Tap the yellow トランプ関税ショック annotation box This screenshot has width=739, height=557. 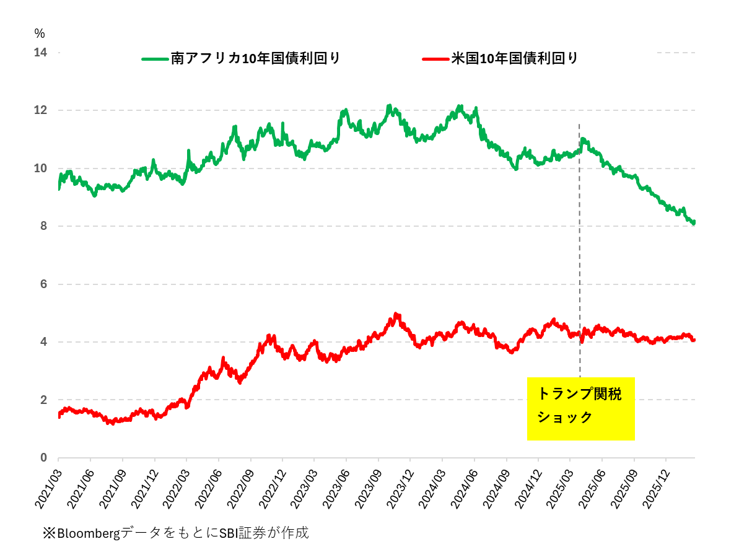(580, 409)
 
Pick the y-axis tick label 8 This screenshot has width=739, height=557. (43, 226)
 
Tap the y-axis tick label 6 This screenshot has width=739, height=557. (43, 284)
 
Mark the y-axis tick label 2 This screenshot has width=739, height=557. (43, 400)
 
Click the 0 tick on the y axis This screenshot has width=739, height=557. (43, 458)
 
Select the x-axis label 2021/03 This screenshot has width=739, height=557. (47, 487)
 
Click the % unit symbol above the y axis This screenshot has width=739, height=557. (40, 33)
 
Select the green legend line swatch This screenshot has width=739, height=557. (155, 59)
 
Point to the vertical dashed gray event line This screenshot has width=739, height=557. (580, 248)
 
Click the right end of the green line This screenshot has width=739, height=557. (694, 222)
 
